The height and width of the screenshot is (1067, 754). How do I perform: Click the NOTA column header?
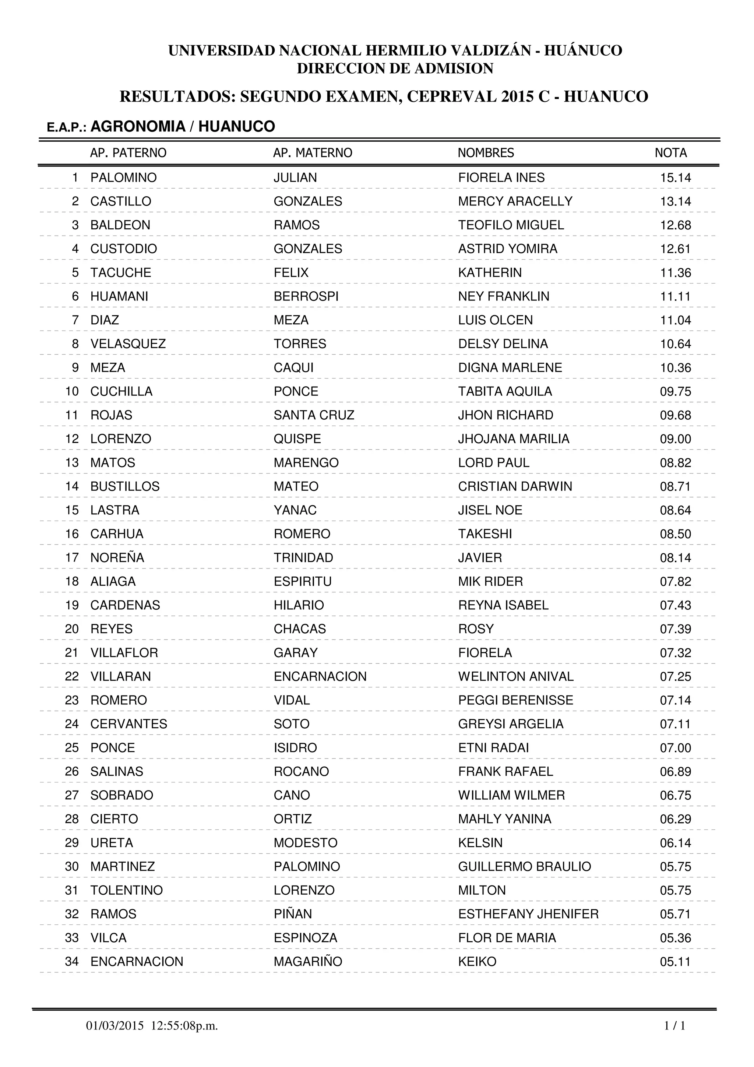[670, 153]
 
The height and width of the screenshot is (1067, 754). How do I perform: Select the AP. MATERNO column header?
[313, 153]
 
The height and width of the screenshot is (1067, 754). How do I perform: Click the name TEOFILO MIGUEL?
[511, 225]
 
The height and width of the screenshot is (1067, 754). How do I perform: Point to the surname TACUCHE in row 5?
[121, 272]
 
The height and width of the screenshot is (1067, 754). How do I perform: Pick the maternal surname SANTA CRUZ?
[314, 415]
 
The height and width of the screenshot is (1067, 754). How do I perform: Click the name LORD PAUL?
[493, 463]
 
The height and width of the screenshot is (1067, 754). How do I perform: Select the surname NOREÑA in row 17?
[117, 558]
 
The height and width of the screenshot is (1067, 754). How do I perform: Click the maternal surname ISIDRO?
[295, 748]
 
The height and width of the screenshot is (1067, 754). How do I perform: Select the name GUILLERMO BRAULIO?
[525, 866]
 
